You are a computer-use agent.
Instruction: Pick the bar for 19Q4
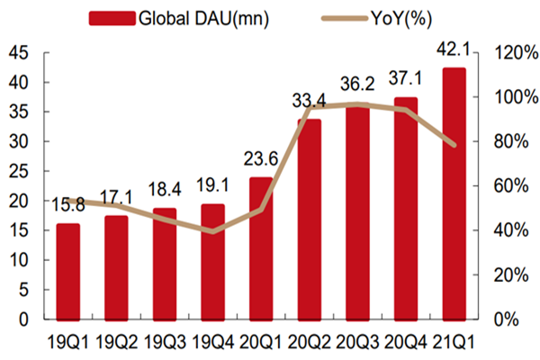(213, 262)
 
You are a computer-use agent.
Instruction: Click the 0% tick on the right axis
(508, 319)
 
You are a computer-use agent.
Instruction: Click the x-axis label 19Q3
(165, 341)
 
